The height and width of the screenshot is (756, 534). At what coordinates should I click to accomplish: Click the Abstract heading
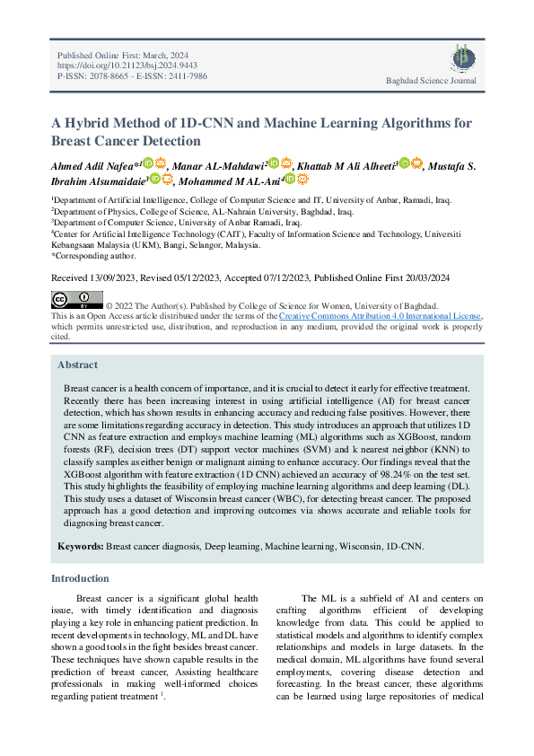click(78, 365)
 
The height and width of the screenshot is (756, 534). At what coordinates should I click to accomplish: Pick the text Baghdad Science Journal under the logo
click(431, 82)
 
